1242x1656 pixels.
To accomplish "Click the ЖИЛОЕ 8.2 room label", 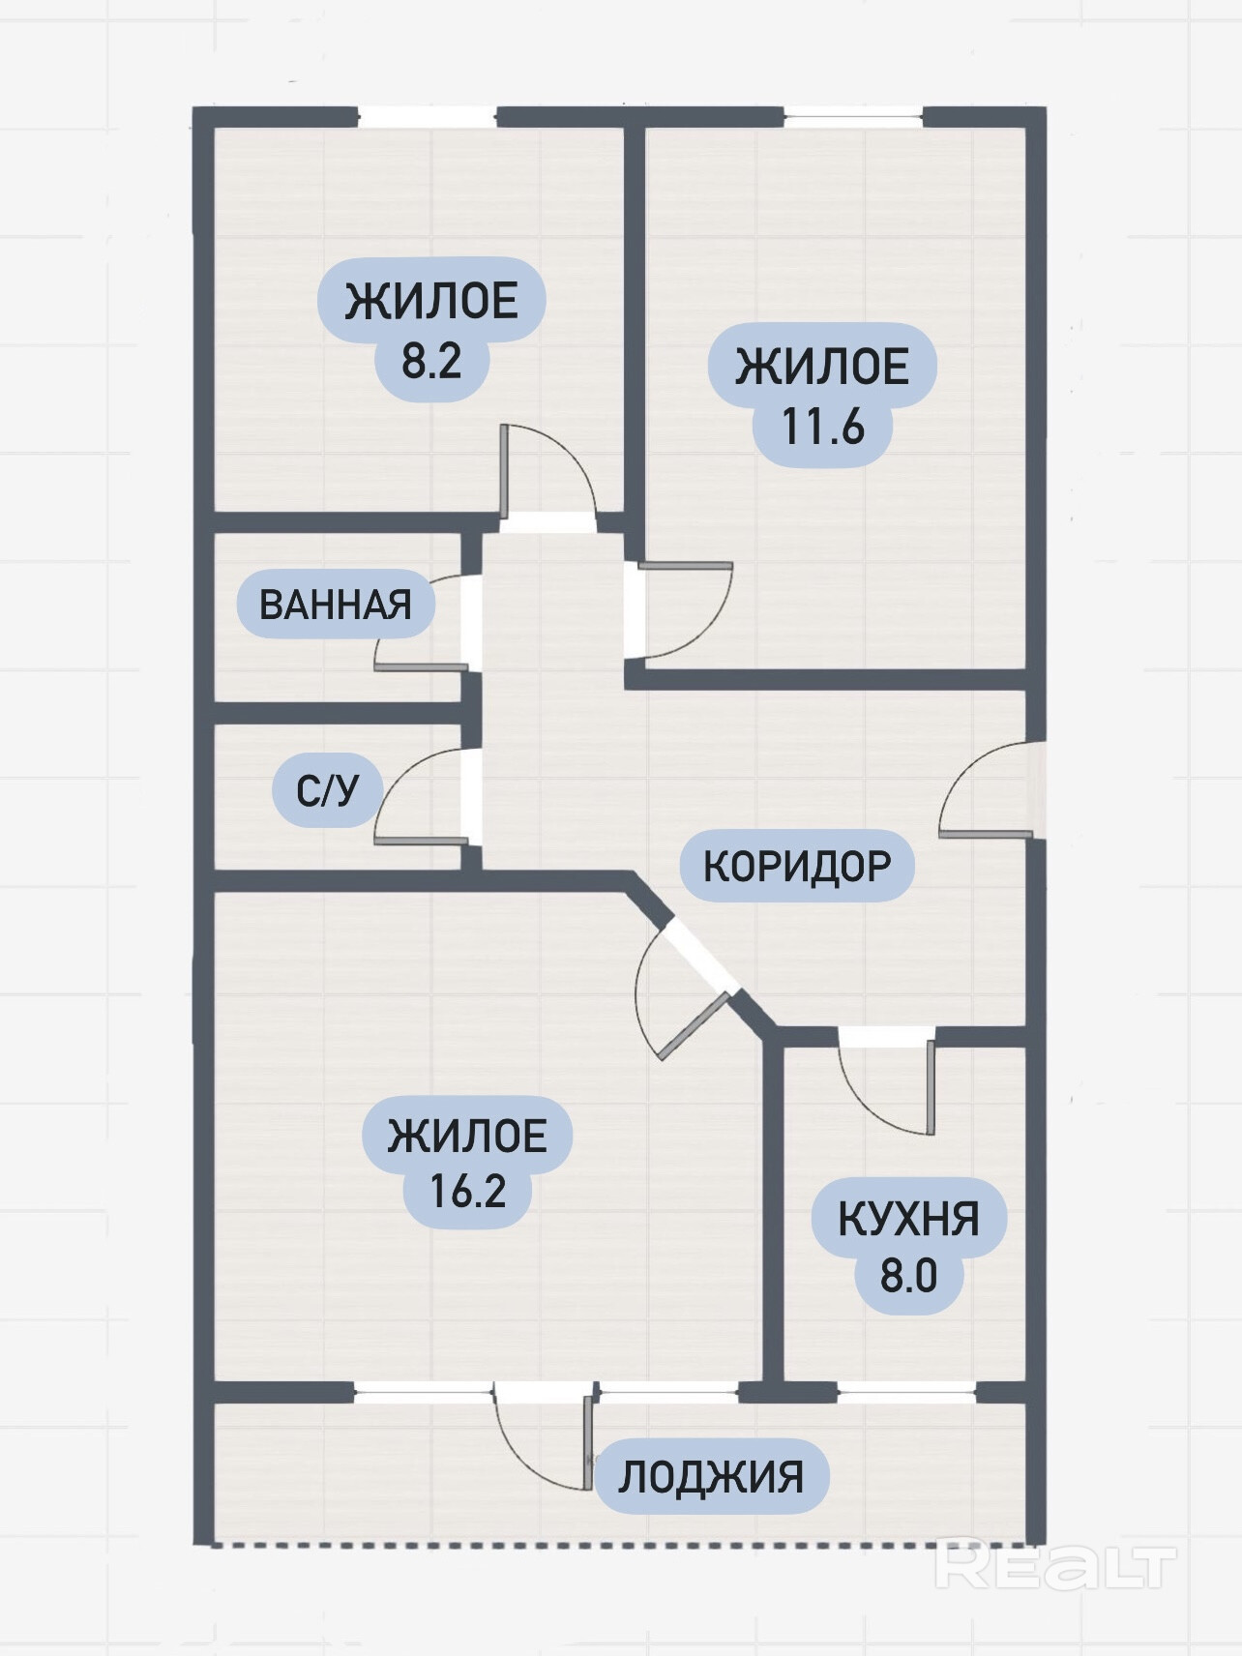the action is (x=431, y=329).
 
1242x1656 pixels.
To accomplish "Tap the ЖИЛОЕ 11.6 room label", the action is (x=822, y=395).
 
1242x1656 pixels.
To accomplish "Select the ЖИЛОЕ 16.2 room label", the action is (x=467, y=1162).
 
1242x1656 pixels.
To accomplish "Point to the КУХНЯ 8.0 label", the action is (x=908, y=1246).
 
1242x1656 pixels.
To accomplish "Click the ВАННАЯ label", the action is (x=336, y=605).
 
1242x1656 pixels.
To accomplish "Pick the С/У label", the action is (x=327, y=790).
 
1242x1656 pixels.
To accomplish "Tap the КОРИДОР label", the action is (x=796, y=865).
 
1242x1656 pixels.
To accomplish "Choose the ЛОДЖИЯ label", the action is (x=711, y=1477).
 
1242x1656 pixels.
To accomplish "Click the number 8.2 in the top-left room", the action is (x=431, y=362).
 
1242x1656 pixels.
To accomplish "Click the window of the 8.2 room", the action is (x=427, y=117).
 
